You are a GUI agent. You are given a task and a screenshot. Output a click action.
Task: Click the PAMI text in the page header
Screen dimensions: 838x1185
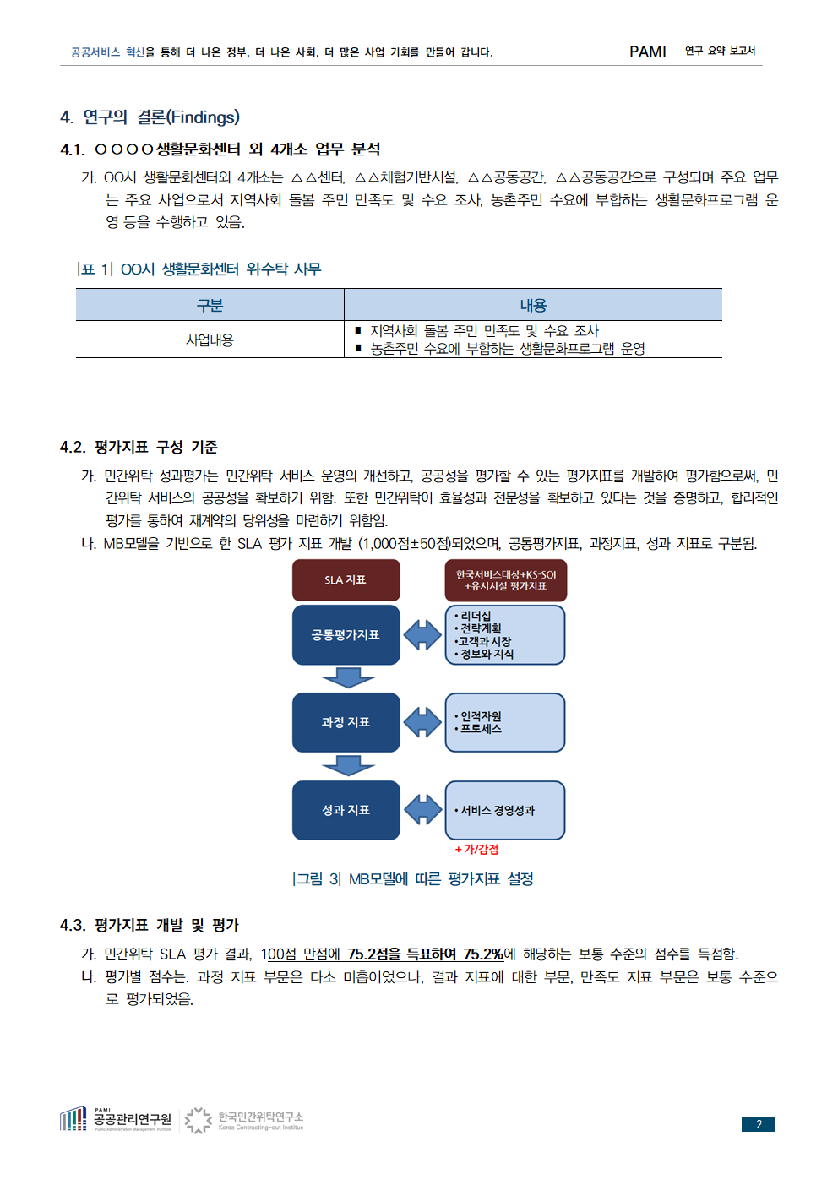click(647, 52)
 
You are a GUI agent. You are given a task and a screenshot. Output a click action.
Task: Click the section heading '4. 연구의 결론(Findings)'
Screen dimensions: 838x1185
click(150, 117)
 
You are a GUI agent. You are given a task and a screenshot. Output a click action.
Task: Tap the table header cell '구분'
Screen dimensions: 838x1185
click(209, 305)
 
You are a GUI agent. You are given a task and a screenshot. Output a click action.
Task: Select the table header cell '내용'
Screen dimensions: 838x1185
click(533, 305)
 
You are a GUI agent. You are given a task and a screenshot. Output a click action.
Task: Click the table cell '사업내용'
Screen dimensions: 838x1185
click(209, 340)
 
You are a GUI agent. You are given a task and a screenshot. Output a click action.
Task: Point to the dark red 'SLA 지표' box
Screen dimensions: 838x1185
click(346, 579)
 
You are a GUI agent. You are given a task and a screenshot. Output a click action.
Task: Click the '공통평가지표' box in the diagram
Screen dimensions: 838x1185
click(346, 635)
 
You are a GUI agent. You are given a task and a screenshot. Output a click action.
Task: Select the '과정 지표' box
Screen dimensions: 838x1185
click(346, 722)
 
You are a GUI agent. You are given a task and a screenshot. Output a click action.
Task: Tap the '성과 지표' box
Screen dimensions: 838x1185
click(346, 810)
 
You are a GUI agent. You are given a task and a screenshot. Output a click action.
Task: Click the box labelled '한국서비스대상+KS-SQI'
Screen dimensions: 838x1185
click(506, 580)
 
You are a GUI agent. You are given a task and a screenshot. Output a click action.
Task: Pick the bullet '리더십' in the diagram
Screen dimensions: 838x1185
click(475, 616)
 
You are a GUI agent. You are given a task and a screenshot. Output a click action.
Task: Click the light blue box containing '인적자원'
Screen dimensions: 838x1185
click(505, 723)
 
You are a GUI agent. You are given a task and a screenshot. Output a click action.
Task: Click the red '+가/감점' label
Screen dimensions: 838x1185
click(476, 849)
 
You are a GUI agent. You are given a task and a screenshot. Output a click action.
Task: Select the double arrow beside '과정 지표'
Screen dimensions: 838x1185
click(422, 722)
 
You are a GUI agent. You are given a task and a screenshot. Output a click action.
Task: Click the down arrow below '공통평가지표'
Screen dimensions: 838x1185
click(348, 677)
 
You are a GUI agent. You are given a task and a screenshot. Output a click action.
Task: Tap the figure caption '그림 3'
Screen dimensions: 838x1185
click(317, 878)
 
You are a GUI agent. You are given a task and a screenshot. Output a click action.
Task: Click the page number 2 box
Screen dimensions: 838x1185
click(758, 1124)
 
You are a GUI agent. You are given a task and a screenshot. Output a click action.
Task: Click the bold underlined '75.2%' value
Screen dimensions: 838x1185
click(483, 954)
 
